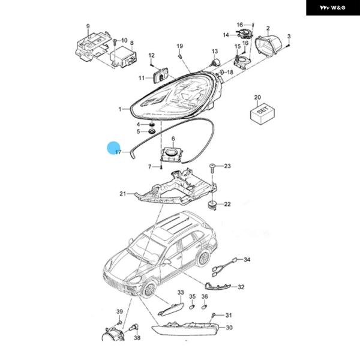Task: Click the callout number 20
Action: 258,97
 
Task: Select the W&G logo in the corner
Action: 331,8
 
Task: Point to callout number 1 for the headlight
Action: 120,109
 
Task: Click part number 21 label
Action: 122,193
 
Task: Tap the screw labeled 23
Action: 213,166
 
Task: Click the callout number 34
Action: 247,260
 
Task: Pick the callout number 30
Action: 229,328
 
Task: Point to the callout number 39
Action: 119,311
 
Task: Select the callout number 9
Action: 88,26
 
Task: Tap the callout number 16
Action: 239,25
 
